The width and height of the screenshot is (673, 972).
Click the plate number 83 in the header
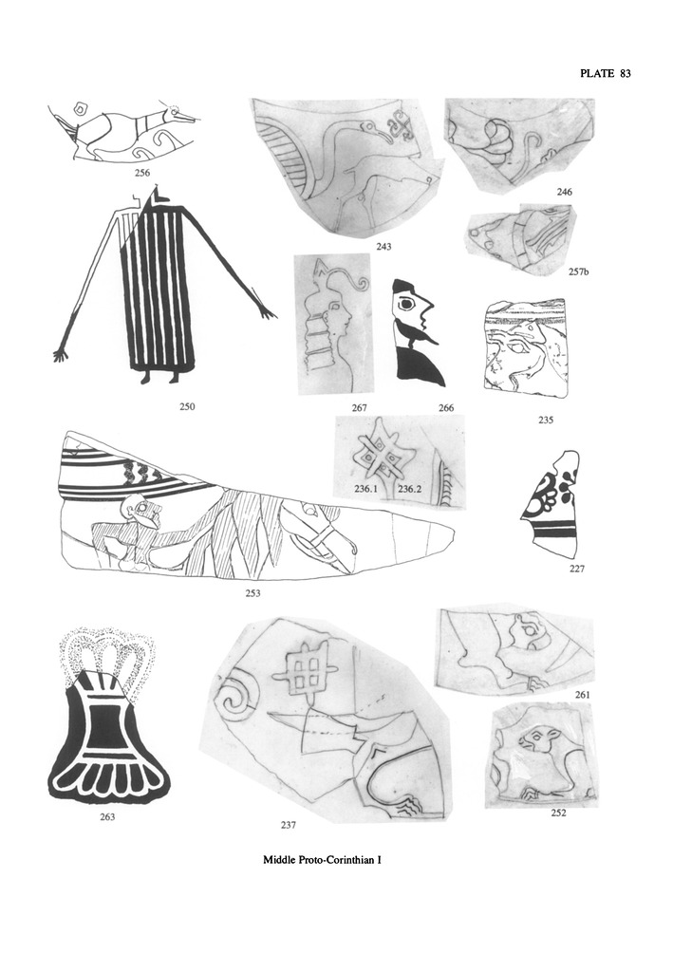[x=624, y=74]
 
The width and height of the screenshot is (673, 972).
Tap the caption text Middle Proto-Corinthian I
[x=322, y=860]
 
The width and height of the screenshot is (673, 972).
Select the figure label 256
[x=142, y=173]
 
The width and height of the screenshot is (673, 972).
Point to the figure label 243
[x=383, y=247]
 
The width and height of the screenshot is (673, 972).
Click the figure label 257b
[x=578, y=271]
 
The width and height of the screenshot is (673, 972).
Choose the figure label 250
[x=187, y=406]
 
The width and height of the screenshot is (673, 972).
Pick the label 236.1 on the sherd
[x=366, y=489]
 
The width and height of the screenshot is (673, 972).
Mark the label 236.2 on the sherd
[x=410, y=489]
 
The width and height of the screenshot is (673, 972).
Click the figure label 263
[x=107, y=816]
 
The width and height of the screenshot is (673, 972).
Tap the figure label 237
[x=289, y=825]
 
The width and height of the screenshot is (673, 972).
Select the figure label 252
[x=558, y=813]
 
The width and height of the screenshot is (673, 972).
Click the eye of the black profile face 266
[x=406, y=305]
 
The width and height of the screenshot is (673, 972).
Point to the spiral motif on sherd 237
[x=234, y=700]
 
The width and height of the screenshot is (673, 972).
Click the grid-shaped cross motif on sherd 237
[x=308, y=670]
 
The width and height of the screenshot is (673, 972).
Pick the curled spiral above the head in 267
[x=360, y=284]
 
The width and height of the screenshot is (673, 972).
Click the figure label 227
[x=577, y=569]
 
